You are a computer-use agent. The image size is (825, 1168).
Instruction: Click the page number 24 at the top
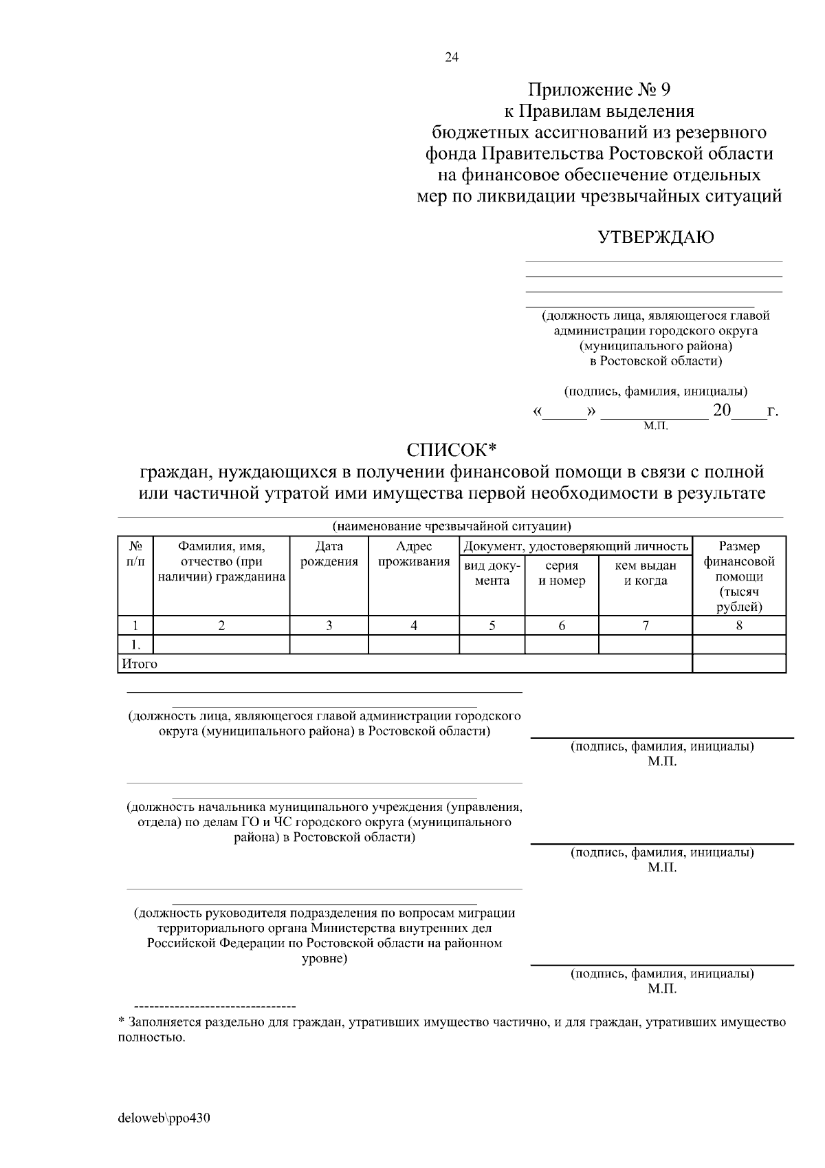[452, 57]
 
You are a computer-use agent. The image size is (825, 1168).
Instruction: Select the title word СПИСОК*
[451, 450]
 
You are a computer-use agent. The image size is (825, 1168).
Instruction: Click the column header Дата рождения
[329, 554]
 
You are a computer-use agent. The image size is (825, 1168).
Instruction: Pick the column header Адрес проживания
[414, 554]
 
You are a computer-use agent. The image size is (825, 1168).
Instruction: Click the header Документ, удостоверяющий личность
[576, 547]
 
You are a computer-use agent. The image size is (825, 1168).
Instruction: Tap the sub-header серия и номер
[562, 573]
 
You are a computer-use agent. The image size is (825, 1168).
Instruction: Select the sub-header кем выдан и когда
[645, 573]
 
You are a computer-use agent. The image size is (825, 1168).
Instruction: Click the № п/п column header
[135, 554]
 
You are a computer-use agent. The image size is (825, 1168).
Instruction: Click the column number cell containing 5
[492, 625]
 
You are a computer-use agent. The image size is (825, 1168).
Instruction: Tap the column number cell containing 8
[739, 625]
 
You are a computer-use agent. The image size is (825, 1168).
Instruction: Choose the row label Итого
[140, 664]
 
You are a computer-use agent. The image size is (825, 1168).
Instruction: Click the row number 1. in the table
[135, 645]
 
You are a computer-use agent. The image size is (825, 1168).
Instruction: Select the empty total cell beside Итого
[739, 664]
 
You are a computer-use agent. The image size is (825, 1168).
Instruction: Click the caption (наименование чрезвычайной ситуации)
[452, 527]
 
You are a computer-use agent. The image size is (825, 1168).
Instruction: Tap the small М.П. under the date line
[655, 426]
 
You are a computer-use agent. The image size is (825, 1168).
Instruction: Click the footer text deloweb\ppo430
[164, 1118]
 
